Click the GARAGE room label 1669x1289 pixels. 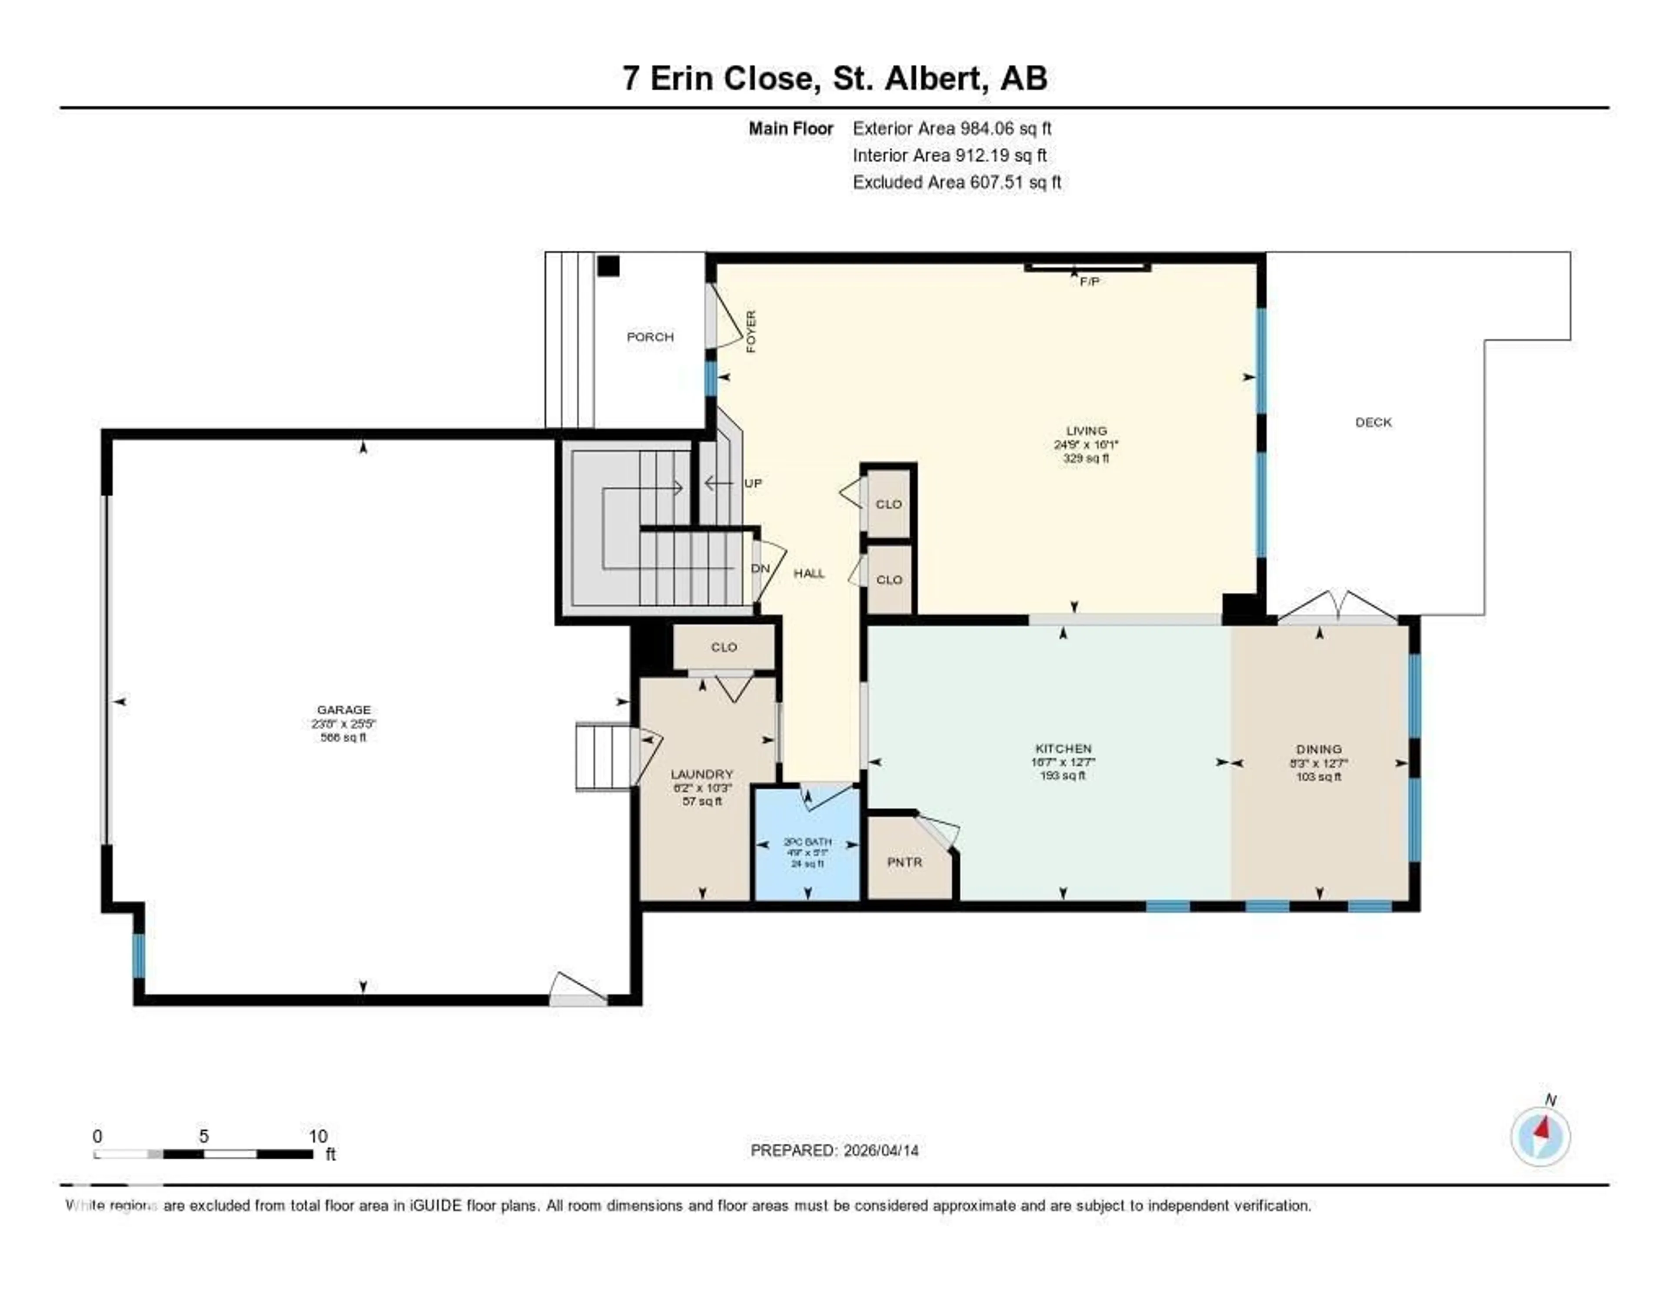(344, 710)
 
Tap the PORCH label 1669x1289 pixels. (650, 337)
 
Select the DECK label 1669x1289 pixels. (1373, 422)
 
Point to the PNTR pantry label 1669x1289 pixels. (905, 862)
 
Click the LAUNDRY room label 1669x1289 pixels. (702, 774)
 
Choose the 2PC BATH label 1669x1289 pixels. (808, 842)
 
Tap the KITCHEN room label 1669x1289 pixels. (1063, 749)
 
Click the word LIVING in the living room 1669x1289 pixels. (1086, 431)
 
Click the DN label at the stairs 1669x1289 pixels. (760, 568)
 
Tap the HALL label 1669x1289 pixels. (808, 573)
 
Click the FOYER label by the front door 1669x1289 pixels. (751, 332)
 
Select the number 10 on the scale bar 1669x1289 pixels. (318, 1136)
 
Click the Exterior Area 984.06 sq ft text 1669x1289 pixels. (951, 128)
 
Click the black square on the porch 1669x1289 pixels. (608, 266)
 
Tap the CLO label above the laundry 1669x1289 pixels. (724, 647)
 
